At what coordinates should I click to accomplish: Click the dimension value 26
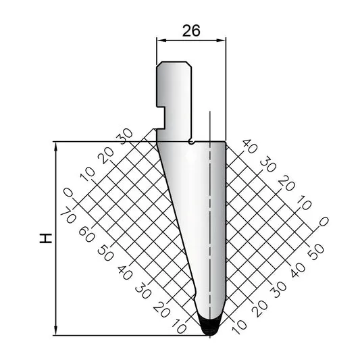coord(191,31)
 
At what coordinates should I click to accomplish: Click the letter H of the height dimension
coord(46,238)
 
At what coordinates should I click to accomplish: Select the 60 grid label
coord(87,234)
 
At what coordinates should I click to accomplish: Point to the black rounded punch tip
coord(209,326)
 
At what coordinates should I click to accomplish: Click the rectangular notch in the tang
coord(161,118)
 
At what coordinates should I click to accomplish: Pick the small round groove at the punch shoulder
coord(192,143)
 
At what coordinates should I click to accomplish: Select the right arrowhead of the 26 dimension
coord(222,41)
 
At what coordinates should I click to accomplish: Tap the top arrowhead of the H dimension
coord(56,147)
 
